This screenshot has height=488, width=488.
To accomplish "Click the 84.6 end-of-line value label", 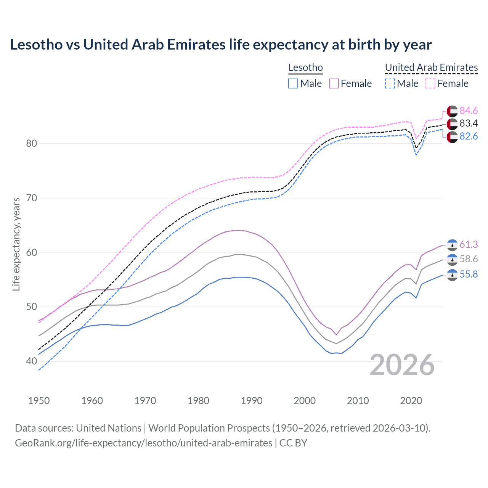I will (x=468, y=111).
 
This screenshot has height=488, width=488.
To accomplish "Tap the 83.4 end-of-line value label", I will (x=468, y=123).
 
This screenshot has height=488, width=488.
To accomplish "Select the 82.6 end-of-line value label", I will (x=468, y=136).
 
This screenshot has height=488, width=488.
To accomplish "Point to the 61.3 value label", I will (x=468, y=244).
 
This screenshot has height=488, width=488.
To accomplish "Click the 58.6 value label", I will (x=468, y=259).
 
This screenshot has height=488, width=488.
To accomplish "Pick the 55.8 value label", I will (x=468, y=274).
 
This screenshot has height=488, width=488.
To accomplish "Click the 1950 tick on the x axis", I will (x=39, y=401).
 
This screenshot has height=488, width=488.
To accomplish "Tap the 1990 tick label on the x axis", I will (x=252, y=401).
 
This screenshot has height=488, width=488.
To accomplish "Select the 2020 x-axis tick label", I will (x=411, y=401).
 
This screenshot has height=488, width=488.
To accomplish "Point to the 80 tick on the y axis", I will (x=32, y=144).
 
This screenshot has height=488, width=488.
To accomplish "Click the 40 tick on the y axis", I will (x=32, y=361).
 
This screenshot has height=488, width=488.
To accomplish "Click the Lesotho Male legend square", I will (x=293, y=83).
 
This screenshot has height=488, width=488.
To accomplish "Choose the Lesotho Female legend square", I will (x=334, y=83).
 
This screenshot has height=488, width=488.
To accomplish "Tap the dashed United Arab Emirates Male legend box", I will (x=390, y=83).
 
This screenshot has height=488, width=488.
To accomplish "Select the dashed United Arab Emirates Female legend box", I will (x=430, y=83).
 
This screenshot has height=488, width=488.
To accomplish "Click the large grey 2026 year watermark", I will (x=402, y=365).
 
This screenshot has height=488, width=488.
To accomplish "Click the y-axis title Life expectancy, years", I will (x=16, y=244).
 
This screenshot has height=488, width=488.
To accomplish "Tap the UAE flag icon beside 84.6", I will (x=452, y=111).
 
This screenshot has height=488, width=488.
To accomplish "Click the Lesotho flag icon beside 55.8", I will (x=452, y=275).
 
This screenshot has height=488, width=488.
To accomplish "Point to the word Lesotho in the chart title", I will (x=36, y=45).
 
